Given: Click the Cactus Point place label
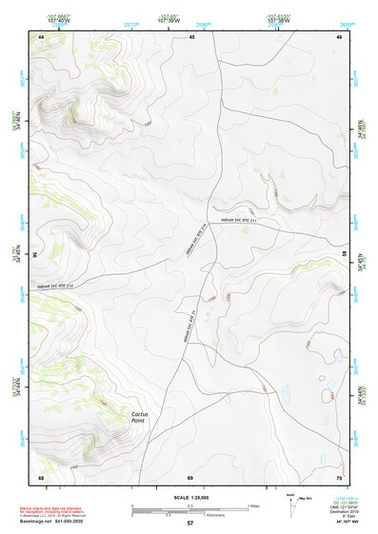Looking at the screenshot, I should pyautogui.click(x=144, y=416).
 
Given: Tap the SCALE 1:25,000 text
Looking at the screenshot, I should pyautogui.click(x=189, y=498).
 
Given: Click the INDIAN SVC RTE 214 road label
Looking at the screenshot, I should pyautogui.click(x=55, y=286).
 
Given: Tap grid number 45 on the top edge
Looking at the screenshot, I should pyautogui.click(x=191, y=37).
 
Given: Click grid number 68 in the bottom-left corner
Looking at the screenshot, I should pyautogui.click(x=41, y=476).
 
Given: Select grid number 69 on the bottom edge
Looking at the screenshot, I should pyautogui.click(x=189, y=476).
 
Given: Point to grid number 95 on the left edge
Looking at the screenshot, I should pyautogui.click(x=36, y=255).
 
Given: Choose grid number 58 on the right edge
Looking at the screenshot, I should pyautogui.click(x=343, y=255).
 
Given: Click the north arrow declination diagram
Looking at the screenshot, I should pyautogui.click(x=290, y=502).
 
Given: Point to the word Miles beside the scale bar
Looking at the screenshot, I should pyautogui.click(x=253, y=504).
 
